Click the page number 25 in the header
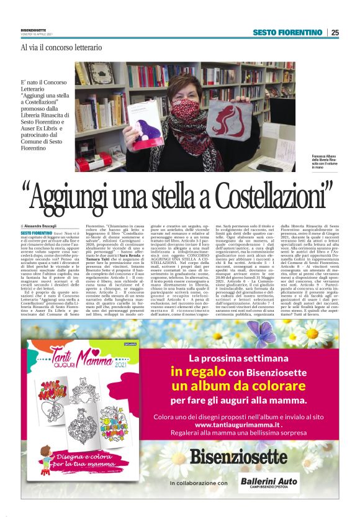pyautogui.click(x=335, y=32)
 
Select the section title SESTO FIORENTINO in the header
pyautogui.click(x=287, y=32)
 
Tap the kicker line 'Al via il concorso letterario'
pyautogui.click(x=61, y=47)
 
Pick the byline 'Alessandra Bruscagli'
pyautogui.click(x=45, y=225)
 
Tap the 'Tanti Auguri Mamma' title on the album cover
pyautogui.click(x=62, y=360)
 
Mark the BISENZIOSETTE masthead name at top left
pyautogui.click(x=32, y=29)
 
